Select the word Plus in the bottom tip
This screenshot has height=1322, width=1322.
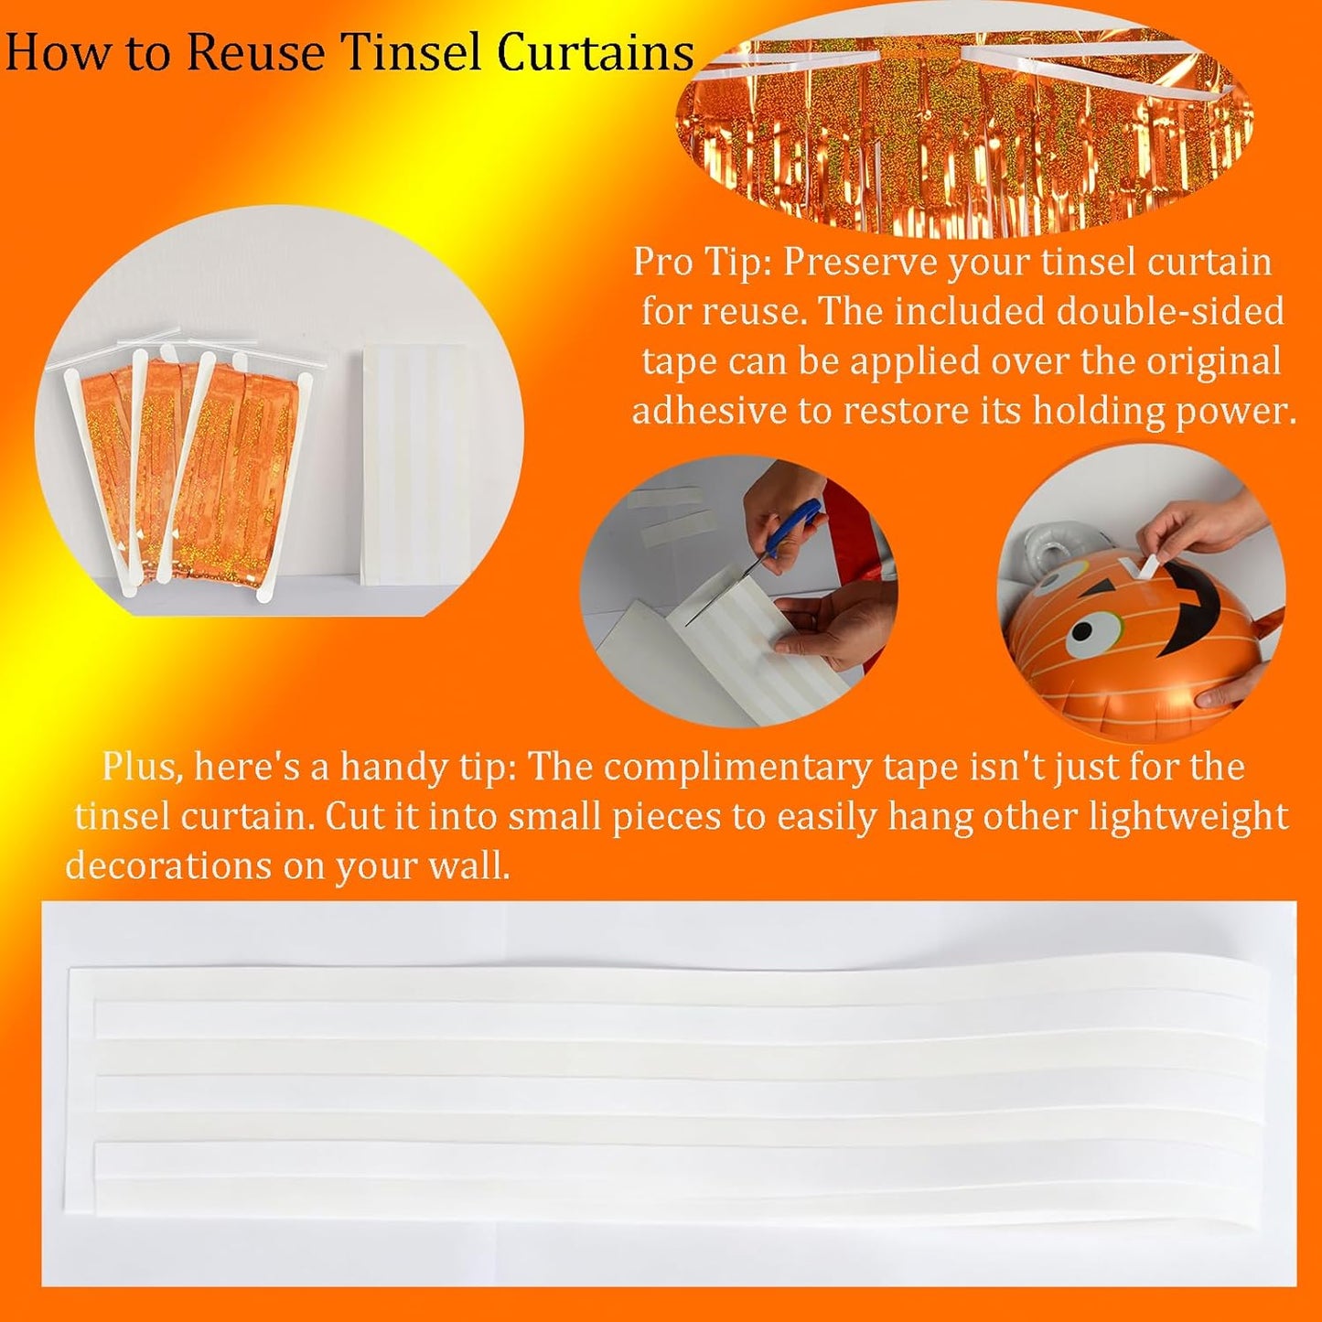click(x=139, y=767)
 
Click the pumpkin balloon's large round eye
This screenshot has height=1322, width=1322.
click(x=1092, y=630)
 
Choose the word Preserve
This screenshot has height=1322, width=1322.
click(x=860, y=263)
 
